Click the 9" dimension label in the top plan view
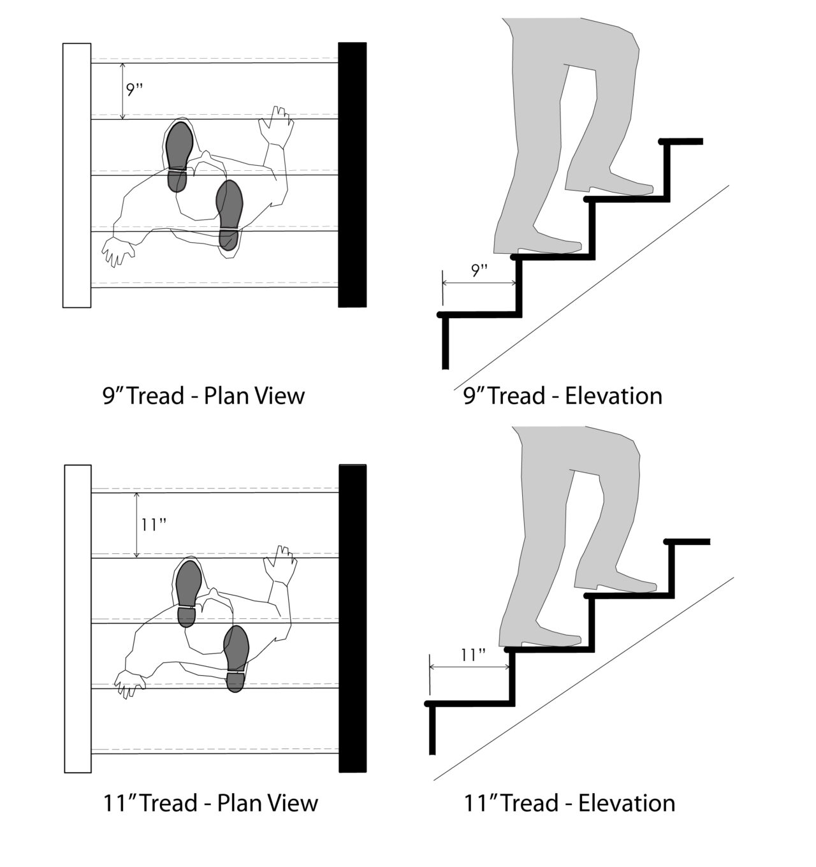[x=134, y=89]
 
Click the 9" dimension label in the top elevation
[x=479, y=270]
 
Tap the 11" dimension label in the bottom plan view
[x=154, y=525]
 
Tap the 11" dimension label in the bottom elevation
[x=472, y=655]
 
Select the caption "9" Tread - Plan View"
[x=203, y=396]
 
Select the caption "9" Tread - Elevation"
[x=562, y=396]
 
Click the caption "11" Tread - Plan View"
[x=210, y=803]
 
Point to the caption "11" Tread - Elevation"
[x=569, y=803]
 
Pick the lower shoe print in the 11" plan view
[x=237, y=658]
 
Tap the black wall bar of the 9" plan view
[x=352, y=175]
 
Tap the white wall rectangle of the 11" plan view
[x=78, y=618]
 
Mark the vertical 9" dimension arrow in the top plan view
[x=123, y=90]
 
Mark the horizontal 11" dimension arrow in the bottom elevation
[x=470, y=667]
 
